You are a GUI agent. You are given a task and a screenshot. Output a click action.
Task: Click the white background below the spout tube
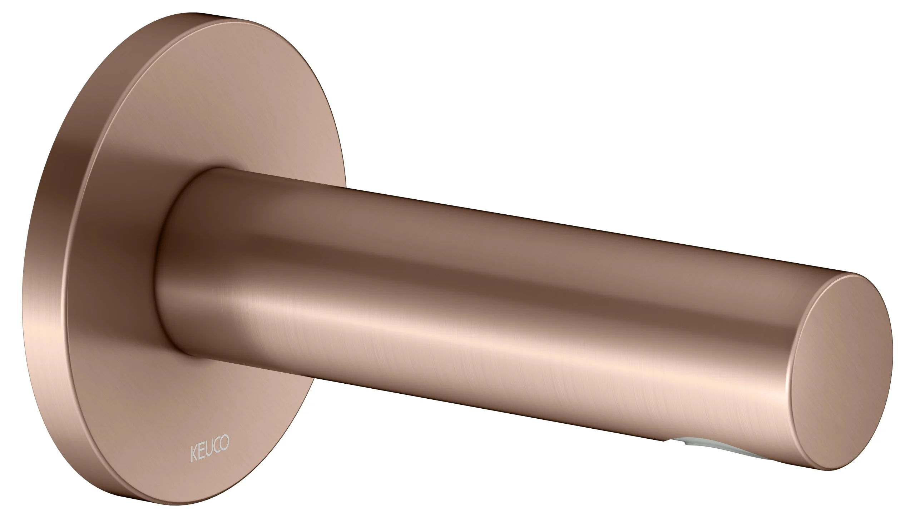[x=500, y=464]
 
